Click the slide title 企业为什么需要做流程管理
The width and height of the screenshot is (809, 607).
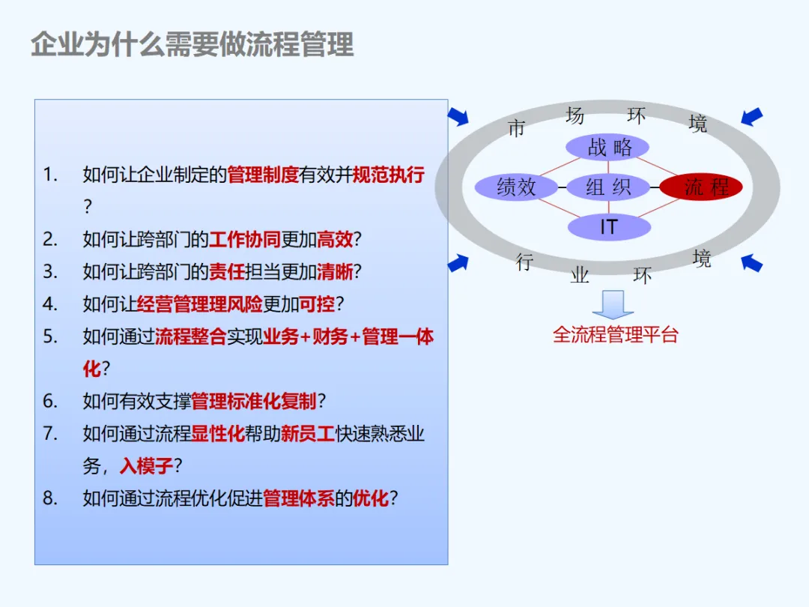click(192, 44)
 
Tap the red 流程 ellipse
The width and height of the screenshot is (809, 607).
click(701, 187)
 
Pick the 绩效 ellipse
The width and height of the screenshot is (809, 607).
click(517, 187)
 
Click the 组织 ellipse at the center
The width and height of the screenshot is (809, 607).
click(607, 187)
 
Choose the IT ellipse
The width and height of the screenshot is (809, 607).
click(608, 226)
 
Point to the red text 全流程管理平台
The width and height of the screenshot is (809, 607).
click(615, 334)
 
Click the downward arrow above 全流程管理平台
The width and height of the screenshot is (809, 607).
click(613, 304)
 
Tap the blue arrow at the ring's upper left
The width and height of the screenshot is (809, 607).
click(458, 115)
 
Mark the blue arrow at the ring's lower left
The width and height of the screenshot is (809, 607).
click(458, 262)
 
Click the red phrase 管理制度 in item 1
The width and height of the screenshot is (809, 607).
click(263, 175)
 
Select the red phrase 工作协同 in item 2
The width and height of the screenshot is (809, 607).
click(245, 240)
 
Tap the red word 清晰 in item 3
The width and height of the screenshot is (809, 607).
click(335, 272)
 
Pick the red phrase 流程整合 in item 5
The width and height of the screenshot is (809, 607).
click(191, 336)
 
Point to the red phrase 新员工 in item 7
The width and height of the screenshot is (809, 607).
click(308, 434)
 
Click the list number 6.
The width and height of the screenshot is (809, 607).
click(50, 401)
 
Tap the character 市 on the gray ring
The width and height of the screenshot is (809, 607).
click(516, 129)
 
